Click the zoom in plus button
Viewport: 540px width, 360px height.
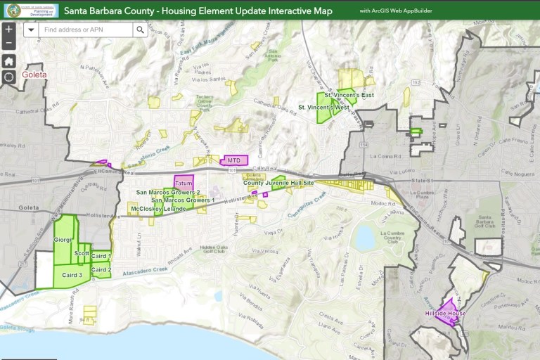tap(8, 30)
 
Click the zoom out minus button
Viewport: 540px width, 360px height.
tap(8, 44)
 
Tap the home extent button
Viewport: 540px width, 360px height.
tap(8, 61)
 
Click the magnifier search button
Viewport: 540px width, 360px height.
tap(140, 30)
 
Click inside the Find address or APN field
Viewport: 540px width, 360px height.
tap(84, 30)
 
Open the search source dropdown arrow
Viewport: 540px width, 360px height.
tap(31, 30)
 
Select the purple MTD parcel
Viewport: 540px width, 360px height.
tap(234, 160)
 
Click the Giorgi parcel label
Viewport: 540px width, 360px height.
tap(63, 240)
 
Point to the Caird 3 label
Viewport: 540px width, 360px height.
tap(72, 275)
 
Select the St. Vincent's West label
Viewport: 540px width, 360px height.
tap(323, 108)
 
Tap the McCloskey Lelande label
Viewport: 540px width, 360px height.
tap(158, 209)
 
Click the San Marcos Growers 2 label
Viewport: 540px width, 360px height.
tap(168, 192)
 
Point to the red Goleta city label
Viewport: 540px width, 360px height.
tap(34, 74)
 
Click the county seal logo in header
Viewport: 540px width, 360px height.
tap(13, 10)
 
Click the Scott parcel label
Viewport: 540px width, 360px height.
tap(82, 253)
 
